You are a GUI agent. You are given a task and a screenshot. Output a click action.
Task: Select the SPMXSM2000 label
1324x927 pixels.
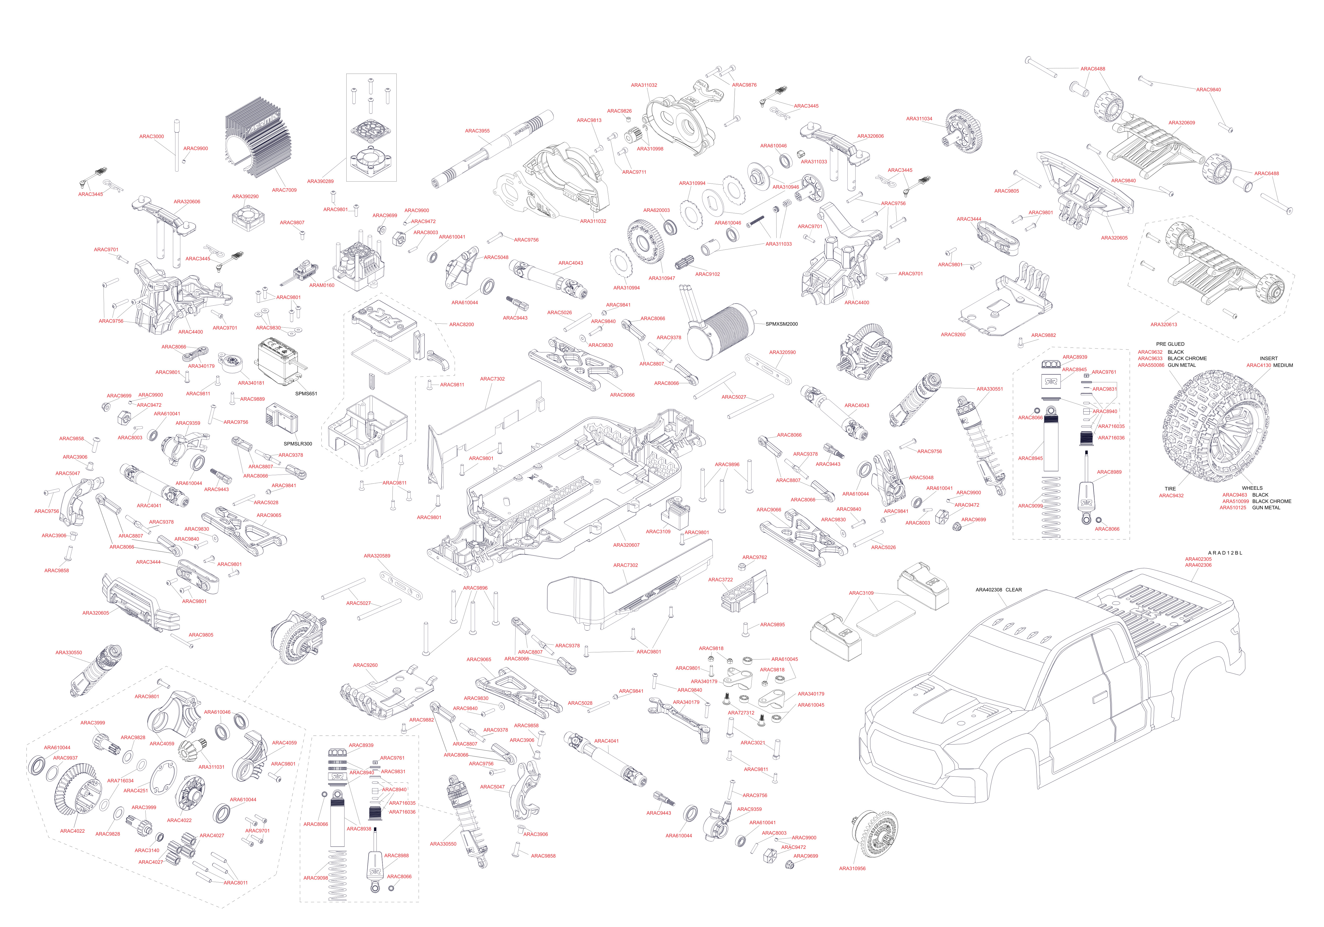[x=781, y=324]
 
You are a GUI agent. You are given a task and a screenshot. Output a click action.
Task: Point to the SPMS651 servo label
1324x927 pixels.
[x=306, y=393]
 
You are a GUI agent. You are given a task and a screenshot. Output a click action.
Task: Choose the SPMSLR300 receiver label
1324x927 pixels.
[x=298, y=444]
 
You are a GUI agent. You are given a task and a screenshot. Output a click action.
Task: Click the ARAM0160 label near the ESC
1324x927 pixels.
[x=322, y=285]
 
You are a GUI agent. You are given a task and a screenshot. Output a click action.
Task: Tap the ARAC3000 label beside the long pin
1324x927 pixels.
[x=151, y=137]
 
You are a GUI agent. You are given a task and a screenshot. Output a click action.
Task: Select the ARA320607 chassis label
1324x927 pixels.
[x=626, y=545]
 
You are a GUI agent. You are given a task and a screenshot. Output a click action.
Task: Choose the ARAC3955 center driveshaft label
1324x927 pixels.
[x=477, y=131]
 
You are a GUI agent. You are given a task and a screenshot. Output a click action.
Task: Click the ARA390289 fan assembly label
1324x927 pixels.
[x=320, y=181]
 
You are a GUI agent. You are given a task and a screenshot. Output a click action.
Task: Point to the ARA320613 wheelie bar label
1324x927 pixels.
[x=1164, y=324]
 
